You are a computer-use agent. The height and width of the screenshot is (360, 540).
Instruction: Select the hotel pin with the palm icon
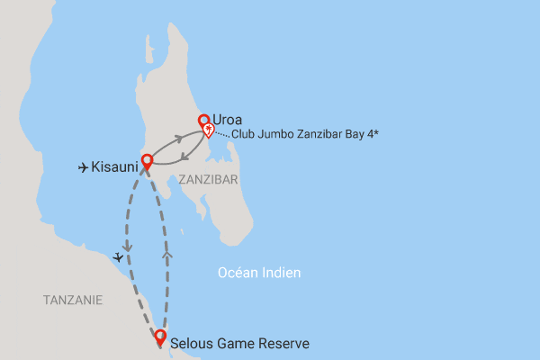pos(209,130)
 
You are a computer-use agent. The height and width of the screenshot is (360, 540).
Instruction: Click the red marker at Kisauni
pos(147,161)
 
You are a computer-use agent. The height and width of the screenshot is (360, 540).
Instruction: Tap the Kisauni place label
pos(115,166)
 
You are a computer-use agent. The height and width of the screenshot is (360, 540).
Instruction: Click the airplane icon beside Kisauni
pos(84,166)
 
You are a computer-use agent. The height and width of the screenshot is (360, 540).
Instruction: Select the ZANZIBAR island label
pos(208,179)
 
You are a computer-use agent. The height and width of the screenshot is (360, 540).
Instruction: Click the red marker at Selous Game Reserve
pos(160,337)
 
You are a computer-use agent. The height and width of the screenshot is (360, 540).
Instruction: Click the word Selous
pos(192,343)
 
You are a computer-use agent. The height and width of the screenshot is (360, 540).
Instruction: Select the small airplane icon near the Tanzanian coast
pos(118,257)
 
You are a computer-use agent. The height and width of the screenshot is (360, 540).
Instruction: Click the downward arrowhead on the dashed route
pos(127,244)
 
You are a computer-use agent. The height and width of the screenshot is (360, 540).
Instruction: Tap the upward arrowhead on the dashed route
pos(167,256)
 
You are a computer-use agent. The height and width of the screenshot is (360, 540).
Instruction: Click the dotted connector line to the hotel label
pos(222,134)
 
